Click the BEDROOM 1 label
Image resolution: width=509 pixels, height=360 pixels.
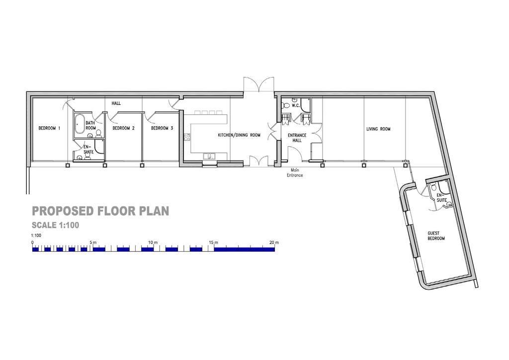(x=49, y=128)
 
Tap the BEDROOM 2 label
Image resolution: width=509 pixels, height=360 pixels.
(x=124, y=128)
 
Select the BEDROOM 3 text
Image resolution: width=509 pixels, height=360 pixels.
(x=162, y=128)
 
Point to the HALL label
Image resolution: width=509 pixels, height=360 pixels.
(x=116, y=103)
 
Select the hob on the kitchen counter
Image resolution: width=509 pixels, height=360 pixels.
(x=187, y=137)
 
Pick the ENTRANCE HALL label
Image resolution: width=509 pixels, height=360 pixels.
(x=297, y=138)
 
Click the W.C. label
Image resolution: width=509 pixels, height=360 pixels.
(x=295, y=105)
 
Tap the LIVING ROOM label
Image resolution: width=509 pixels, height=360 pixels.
(x=378, y=129)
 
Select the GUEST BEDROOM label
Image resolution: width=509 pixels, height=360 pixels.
(x=436, y=236)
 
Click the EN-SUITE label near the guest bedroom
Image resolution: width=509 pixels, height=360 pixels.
(x=442, y=198)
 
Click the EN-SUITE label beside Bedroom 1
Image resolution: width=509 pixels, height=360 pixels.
(x=87, y=149)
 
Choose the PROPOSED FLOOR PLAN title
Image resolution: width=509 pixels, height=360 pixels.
(x=100, y=211)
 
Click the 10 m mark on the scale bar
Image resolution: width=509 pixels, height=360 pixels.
(x=153, y=242)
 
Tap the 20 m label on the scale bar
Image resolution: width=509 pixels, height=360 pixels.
(x=274, y=242)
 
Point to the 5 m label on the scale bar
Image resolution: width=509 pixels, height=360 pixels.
(x=93, y=242)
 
